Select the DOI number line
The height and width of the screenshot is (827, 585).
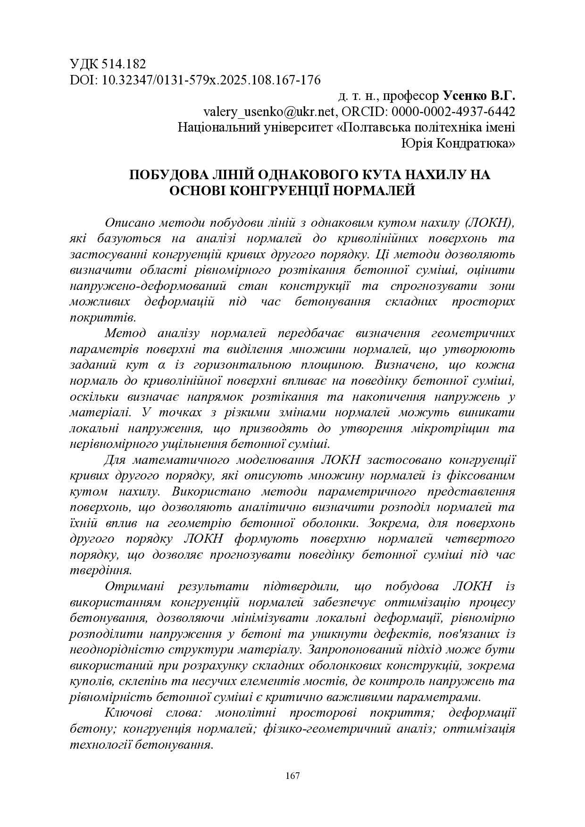pos(195,80)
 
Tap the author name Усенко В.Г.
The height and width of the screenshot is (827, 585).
pos(478,96)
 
